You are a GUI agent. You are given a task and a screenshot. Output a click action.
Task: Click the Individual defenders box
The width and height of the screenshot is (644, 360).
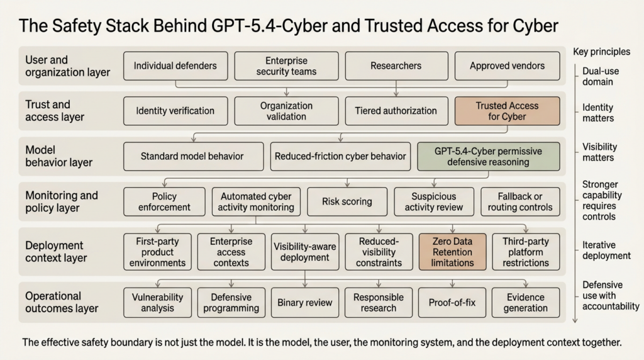click(175, 66)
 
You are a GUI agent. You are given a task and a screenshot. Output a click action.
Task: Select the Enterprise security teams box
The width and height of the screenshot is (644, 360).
click(286, 66)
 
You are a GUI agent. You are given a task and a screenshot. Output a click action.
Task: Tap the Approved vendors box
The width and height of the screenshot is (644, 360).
click(507, 66)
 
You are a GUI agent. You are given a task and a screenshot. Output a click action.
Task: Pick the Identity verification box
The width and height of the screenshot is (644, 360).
click(175, 111)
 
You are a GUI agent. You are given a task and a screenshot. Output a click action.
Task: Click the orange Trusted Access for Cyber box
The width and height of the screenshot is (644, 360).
click(507, 111)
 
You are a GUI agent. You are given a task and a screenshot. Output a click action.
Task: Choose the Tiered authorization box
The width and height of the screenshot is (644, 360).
click(396, 111)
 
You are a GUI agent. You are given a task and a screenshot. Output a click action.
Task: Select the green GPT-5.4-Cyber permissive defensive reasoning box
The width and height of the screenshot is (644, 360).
click(488, 156)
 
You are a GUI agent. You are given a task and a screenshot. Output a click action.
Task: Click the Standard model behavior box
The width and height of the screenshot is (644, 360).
click(192, 156)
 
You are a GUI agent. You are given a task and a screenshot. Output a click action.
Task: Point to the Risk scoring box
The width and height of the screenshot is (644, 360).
click(347, 201)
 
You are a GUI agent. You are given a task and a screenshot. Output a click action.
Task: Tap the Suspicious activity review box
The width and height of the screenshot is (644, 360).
click(433, 201)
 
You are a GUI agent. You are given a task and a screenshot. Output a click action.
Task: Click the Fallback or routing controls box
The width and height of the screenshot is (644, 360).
click(519, 201)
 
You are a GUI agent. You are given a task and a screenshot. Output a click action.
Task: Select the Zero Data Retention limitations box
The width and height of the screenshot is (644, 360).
click(453, 252)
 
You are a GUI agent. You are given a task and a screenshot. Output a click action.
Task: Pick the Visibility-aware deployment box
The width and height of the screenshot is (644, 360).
click(305, 252)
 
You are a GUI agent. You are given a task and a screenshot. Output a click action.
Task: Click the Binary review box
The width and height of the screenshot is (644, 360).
click(305, 303)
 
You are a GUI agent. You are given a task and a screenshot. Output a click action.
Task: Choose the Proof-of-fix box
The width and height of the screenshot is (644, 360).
click(452, 303)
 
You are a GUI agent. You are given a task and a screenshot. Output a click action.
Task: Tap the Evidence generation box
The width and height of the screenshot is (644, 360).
click(526, 303)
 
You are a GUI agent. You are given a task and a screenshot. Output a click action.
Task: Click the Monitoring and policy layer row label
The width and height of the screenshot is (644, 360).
click(62, 201)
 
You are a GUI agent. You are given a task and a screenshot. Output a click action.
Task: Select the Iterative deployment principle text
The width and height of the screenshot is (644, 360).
click(606, 250)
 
